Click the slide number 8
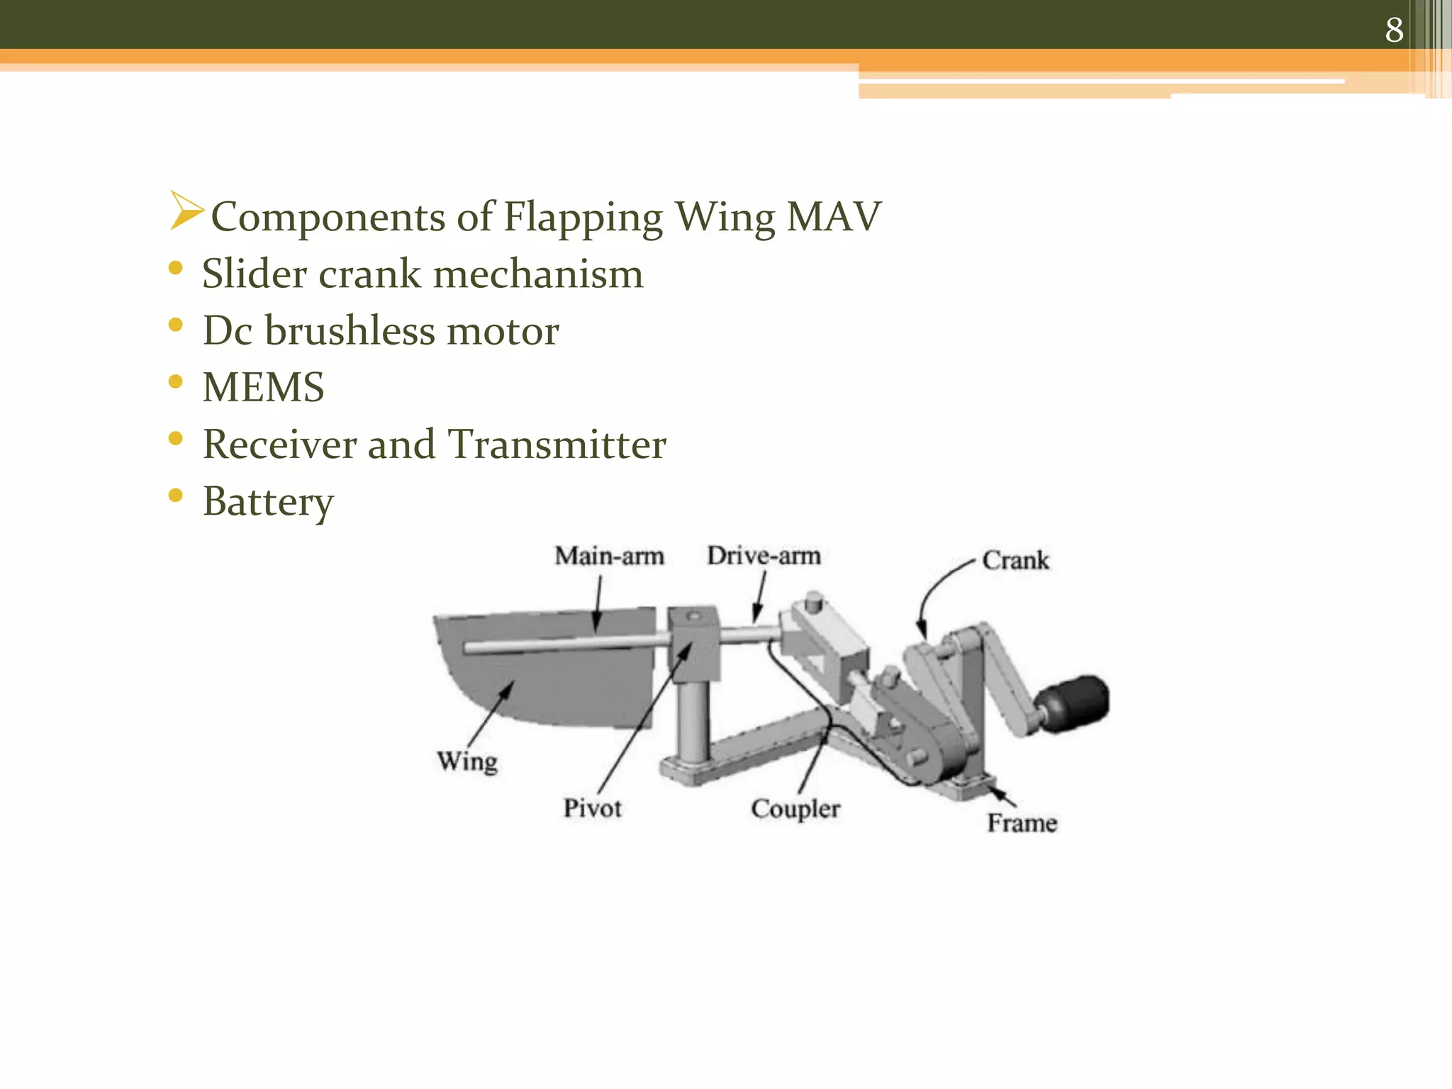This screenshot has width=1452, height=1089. click(x=1394, y=30)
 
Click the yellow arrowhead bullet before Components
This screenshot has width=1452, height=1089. click(x=186, y=211)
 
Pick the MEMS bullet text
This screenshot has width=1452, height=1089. click(x=263, y=387)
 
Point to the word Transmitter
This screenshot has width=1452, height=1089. click(x=557, y=445)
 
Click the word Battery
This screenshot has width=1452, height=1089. click(x=268, y=502)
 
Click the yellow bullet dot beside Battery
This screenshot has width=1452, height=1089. click(x=176, y=495)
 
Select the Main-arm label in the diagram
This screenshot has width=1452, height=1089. click(x=609, y=556)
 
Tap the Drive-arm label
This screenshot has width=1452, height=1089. click(x=764, y=555)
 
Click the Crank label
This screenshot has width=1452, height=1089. click(x=1015, y=561)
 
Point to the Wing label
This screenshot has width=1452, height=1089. click(x=467, y=761)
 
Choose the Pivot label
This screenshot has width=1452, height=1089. click(x=592, y=808)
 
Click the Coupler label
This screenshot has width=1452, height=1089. click(x=795, y=809)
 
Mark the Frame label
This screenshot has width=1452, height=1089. click(x=1022, y=823)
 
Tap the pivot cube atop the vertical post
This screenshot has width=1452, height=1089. click(x=693, y=642)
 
